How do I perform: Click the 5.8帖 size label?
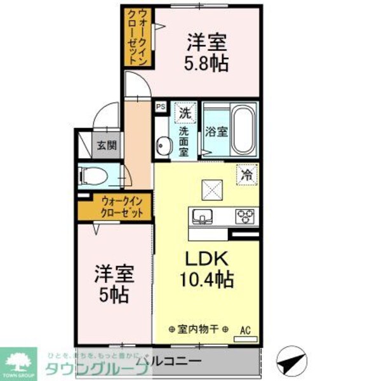(x=208, y=63)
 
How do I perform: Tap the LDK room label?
(x=202, y=259)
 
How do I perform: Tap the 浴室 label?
(x=216, y=132)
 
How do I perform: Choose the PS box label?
(x=161, y=107)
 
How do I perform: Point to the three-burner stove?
(x=244, y=216)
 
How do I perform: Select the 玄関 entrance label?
(x=106, y=145)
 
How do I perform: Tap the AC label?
(x=245, y=330)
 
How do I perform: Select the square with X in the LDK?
(x=211, y=189)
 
